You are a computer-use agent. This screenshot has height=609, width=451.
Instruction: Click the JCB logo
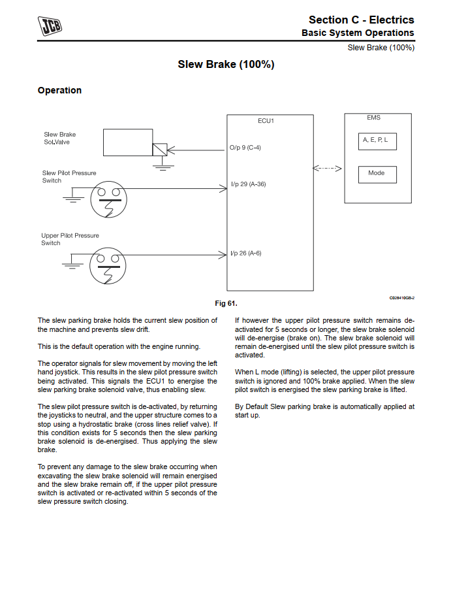(50, 27)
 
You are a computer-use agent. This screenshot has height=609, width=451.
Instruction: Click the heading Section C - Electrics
(361, 20)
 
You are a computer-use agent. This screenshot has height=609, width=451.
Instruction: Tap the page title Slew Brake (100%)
(226, 65)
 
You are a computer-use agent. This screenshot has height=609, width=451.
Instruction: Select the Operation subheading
(59, 90)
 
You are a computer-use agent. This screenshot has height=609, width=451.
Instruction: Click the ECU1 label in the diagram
(266, 121)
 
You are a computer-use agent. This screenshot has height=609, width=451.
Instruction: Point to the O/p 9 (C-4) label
(245, 148)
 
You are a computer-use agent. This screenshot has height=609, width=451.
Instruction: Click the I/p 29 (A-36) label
(248, 184)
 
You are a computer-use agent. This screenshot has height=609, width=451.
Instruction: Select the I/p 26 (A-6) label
(245, 253)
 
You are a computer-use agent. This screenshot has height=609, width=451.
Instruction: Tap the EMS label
(374, 118)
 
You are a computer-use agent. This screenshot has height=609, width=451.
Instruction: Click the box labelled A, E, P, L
(377, 140)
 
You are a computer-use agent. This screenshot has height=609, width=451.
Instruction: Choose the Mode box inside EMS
(377, 174)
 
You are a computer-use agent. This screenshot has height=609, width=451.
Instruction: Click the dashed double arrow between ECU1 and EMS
(328, 169)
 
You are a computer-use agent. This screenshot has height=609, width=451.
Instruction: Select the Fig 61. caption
(226, 303)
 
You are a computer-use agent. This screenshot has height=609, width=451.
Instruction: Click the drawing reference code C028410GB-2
(401, 298)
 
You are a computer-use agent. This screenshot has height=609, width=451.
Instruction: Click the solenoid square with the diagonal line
(160, 149)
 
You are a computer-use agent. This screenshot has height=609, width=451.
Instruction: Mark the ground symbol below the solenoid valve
(160, 166)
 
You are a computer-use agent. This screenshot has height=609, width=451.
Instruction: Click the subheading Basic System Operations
(357, 33)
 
